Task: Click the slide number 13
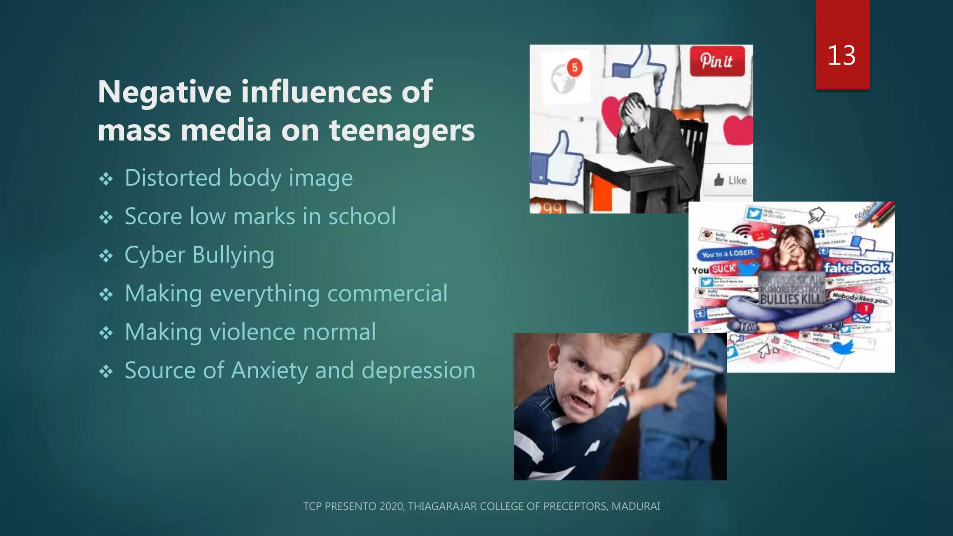click(x=841, y=55)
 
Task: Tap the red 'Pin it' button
click(x=717, y=61)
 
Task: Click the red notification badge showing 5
click(x=575, y=67)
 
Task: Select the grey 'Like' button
click(x=730, y=180)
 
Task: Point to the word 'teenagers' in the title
click(x=402, y=130)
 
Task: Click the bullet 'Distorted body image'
click(x=238, y=178)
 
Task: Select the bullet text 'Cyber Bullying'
click(x=199, y=255)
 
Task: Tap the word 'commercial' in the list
click(x=387, y=294)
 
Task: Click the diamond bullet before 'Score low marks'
click(x=106, y=217)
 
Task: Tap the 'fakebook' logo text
click(x=856, y=268)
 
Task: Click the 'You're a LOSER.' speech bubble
click(x=727, y=254)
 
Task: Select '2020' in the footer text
click(x=391, y=506)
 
